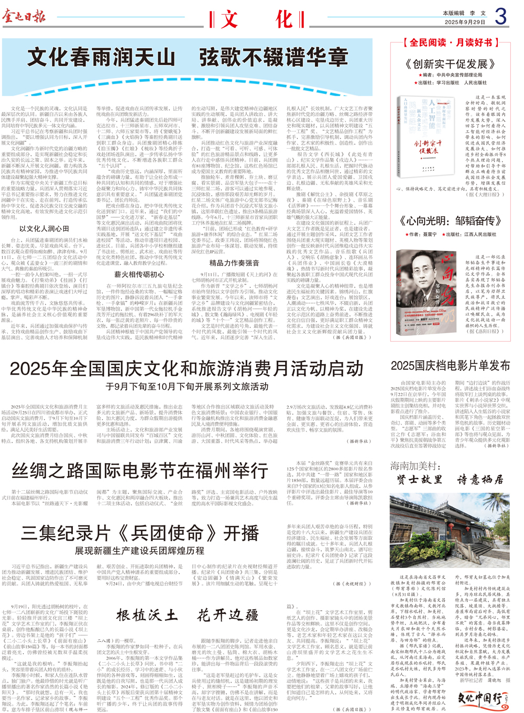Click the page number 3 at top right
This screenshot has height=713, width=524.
pos(501,17)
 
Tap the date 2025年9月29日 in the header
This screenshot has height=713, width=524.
pos(465,22)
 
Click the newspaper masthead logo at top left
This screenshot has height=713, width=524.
pos(24,17)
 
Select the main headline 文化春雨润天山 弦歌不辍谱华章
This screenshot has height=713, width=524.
pos(188,57)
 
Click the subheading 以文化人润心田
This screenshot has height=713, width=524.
pos(44,228)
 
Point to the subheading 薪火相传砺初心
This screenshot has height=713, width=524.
pos(139,274)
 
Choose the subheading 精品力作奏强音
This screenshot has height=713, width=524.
pos(234,263)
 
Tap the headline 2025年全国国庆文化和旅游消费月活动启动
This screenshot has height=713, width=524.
pos(187,369)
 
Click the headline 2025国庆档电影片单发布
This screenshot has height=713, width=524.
pos(450,365)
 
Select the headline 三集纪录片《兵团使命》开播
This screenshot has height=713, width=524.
pos(140,533)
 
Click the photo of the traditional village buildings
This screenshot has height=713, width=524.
pos(450,531)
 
